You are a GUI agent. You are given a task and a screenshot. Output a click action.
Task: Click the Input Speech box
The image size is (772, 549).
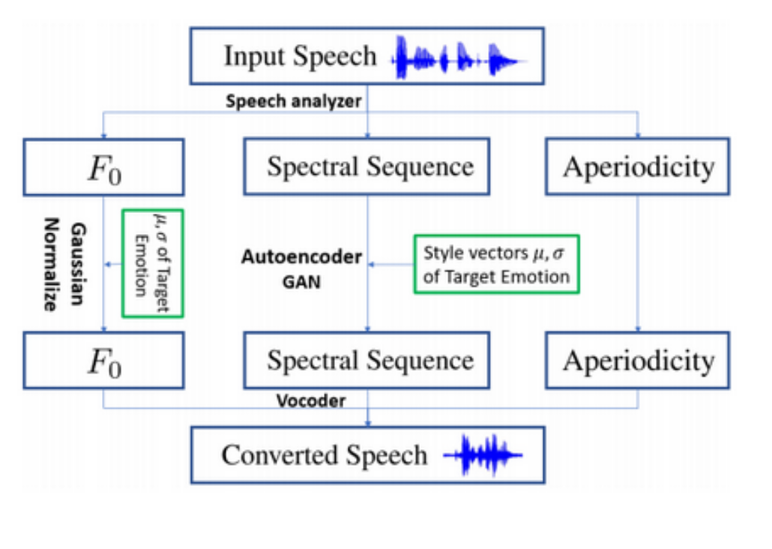(x=367, y=56)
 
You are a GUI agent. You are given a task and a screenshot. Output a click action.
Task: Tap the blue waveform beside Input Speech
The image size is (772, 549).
(x=456, y=57)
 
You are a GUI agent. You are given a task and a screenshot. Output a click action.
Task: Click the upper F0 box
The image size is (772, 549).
(x=103, y=167)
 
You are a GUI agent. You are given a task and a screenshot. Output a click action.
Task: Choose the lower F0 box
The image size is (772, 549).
(x=103, y=360)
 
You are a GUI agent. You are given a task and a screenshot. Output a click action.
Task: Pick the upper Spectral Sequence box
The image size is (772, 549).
(x=367, y=166)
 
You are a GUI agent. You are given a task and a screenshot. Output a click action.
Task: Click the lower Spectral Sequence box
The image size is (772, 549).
(x=367, y=360)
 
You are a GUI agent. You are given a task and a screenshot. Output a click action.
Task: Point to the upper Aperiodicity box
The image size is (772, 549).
(x=638, y=166)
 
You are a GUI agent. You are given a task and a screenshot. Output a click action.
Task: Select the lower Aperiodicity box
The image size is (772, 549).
(x=638, y=360)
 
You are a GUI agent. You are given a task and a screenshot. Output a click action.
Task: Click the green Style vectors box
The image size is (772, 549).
(x=495, y=264)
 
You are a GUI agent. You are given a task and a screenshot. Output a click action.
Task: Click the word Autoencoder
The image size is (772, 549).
(x=301, y=257)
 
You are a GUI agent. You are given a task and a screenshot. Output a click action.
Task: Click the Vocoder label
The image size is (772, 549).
(x=310, y=400)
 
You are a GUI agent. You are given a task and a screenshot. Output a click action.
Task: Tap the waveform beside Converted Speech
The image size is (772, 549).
(x=483, y=454)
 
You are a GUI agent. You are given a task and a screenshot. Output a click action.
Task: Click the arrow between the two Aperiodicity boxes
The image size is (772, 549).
(x=638, y=262)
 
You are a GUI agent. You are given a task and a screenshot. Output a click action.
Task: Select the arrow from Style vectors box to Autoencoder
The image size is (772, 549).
(x=390, y=264)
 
